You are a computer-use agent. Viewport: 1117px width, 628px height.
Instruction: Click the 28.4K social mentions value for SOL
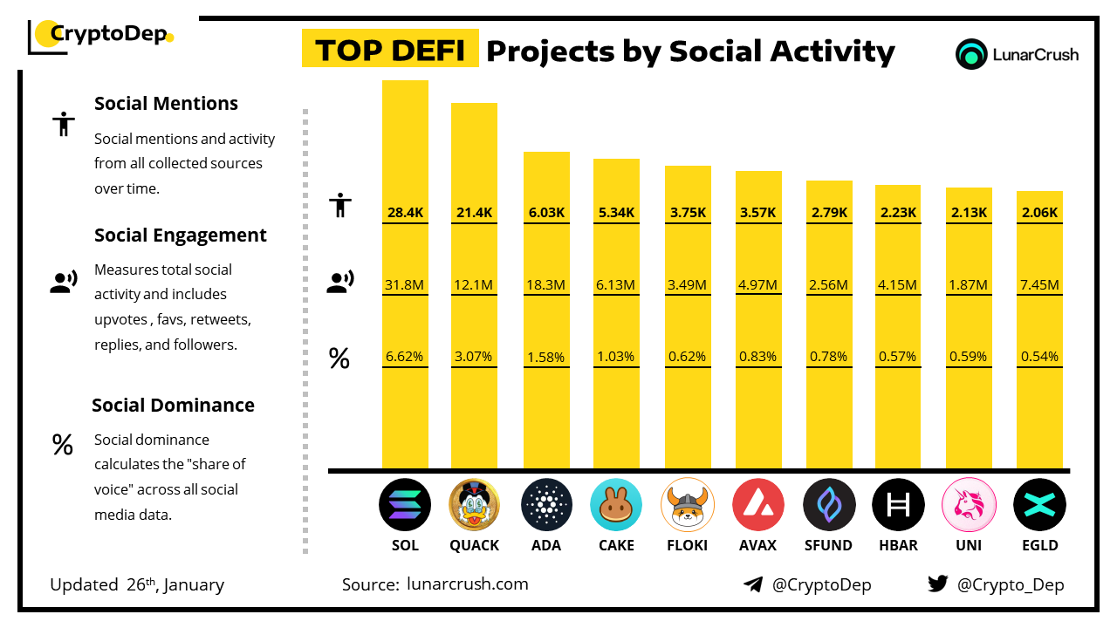pyautogui.click(x=405, y=212)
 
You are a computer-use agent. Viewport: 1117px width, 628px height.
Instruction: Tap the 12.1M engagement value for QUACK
pyautogui.click(x=474, y=284)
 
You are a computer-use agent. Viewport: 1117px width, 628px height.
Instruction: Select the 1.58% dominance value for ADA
pyautogui.click(x=546, y=357)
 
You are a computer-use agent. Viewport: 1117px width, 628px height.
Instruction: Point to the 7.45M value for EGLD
pyautogui.click(x=1039, y=284)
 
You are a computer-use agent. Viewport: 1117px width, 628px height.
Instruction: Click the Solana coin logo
pyautogui.click(x=405, y=505)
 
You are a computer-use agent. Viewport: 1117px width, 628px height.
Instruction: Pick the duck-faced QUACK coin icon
pyautogui.click(x=474, y=505)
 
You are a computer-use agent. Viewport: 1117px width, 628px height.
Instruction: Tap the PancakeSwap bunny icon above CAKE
pyautogui.click(x=616, y=505)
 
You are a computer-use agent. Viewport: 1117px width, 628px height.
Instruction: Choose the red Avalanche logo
pyautogui.click(x=758, y=505)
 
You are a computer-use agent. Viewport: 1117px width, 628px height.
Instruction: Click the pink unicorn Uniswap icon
pyautogui.click(x=969, y=505)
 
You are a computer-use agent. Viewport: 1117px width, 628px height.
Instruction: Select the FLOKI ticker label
pyautogui.click(x=688, y=545)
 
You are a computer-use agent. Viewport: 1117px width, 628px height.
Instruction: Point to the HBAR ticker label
pyautogui.click(x=898, y=545)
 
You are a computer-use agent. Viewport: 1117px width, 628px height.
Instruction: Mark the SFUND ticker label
pyautogui.click(x=828, y=545)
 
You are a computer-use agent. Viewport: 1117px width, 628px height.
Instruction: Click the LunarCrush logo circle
pyautogui.click(x=971, y=54)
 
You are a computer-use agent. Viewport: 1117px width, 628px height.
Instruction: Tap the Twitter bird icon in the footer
pyautogui.click(x=937, y=584)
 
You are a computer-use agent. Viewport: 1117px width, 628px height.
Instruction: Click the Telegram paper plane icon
pyautogui.click(x=753, y=584)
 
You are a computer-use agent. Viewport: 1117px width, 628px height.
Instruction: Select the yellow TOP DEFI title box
pyautogui.click(x=390, y=50)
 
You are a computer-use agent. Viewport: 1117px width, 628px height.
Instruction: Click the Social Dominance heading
pyautogui.click(x=173, y=405)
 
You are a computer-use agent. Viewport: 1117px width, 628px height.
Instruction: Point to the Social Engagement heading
pyautogui.click(x=181, y=235)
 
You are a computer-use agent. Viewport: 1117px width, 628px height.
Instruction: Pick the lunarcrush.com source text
pyautogui.click(x=468, y=584)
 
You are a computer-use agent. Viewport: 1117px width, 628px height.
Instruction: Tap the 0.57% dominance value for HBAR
pyautogui.click(x=898, y=357)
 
